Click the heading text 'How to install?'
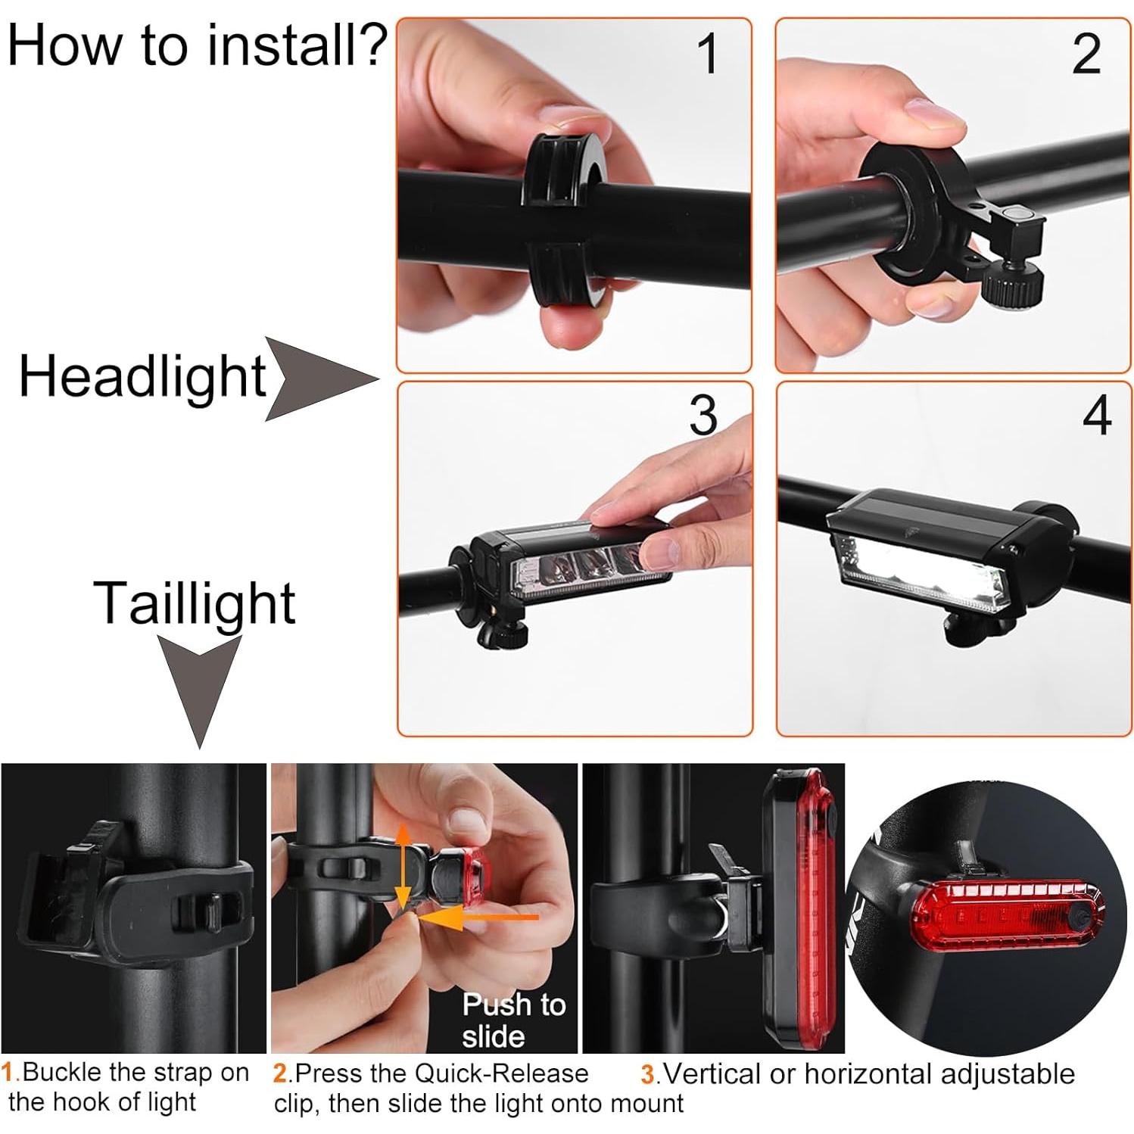(x=197, y=45)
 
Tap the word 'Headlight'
(x=142, y=376)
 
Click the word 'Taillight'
(x=195, y=603)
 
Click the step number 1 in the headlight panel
(x=707, y=55)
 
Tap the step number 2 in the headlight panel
(x=1086, y=55)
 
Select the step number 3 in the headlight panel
(x=703, y=416)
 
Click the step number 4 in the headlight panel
(x=1096, y=416)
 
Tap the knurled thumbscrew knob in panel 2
(x=1013, y=288)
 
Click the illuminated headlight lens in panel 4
(x=924, y=572)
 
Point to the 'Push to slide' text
(x=513, y=1020)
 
